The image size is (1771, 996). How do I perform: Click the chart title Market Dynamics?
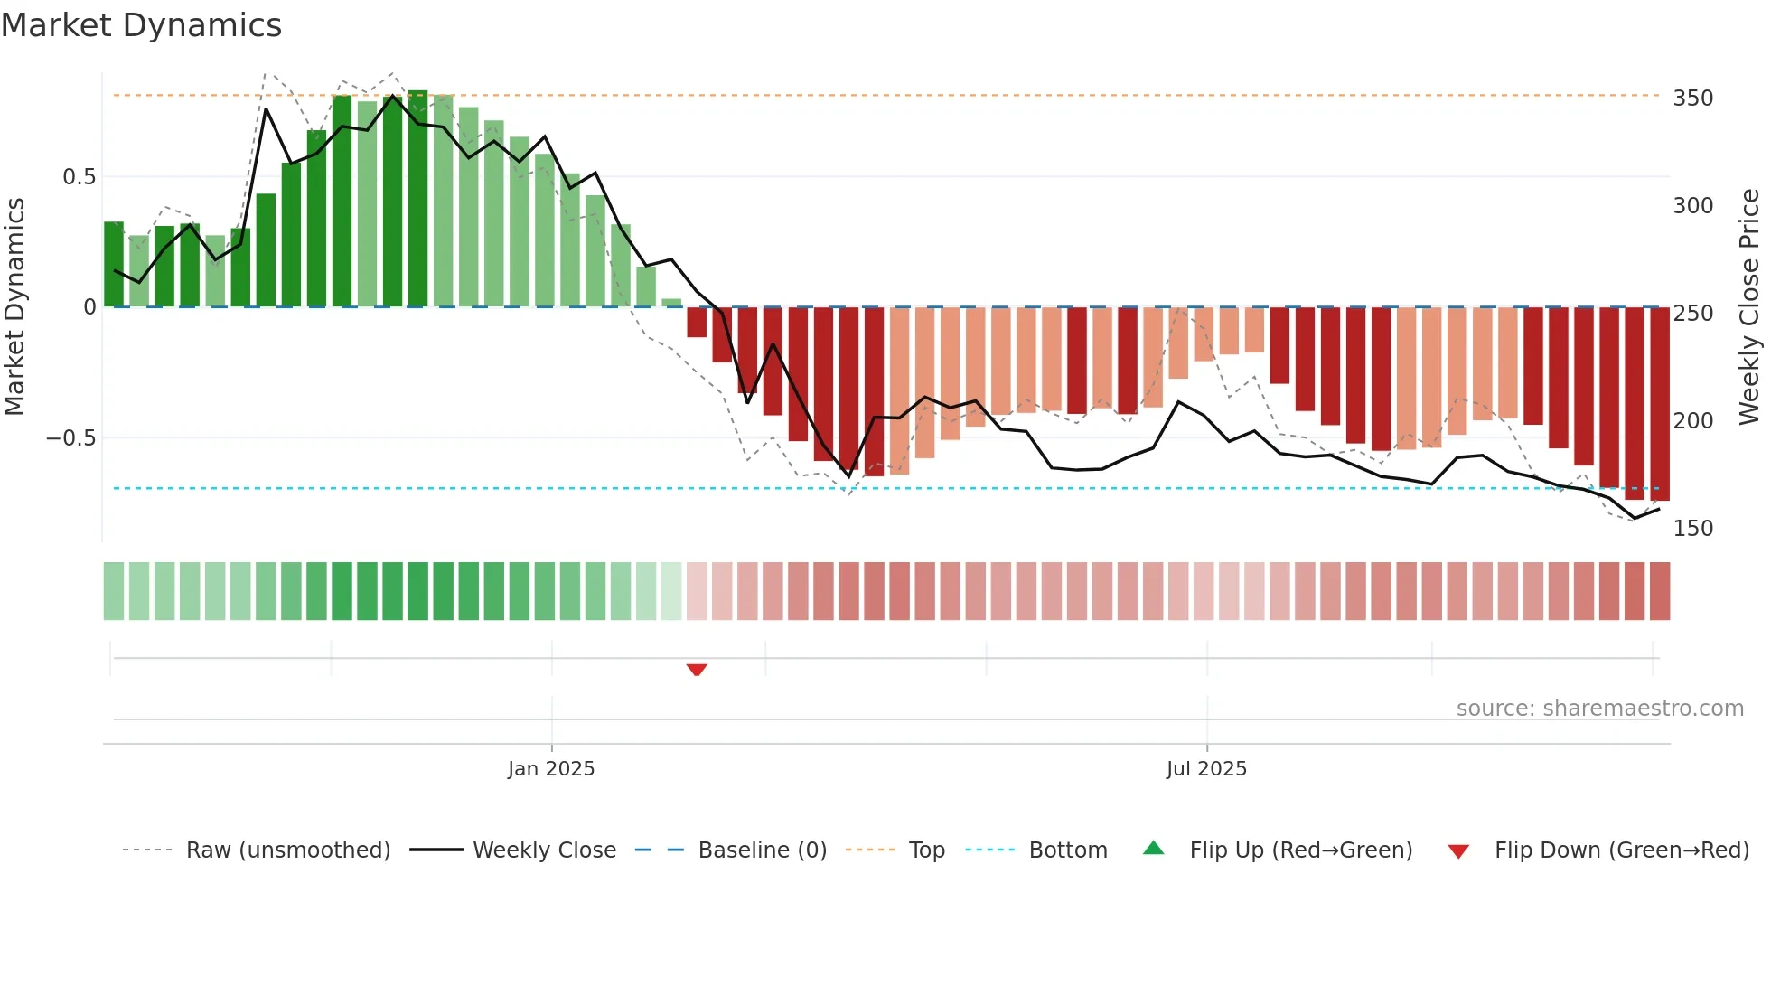[x=141, y=25]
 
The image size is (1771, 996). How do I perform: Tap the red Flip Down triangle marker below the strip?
[x=696, y=670]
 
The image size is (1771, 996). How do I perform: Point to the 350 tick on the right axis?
[x=1692, y=98]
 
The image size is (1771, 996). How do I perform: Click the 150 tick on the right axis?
[x=1692, y=528]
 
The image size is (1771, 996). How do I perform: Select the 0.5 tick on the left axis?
[x=79, y=176]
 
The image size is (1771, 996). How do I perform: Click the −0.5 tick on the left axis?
[x=70, y=438]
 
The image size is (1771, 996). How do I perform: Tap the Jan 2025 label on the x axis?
[x=551, y=768]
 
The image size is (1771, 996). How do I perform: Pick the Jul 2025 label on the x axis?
[x=1206, y=768]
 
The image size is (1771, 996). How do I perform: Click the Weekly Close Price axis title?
[x=1749, y=306]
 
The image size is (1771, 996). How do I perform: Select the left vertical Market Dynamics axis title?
[x=14, y=306]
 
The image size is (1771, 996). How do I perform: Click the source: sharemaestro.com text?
[x=1599, y=708]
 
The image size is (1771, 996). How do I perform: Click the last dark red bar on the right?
[x=1660, y=404]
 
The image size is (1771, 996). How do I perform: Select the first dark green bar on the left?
[x=114, y=264]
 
